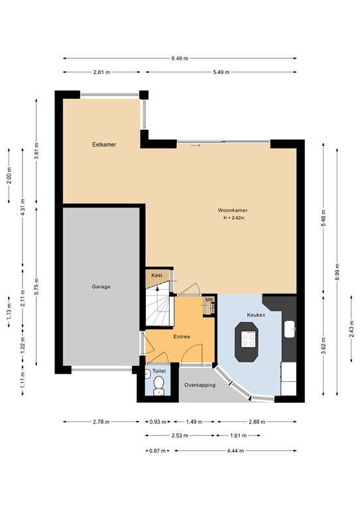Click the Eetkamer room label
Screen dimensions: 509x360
tap(101, 144)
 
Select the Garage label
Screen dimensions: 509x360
tap(101, 286)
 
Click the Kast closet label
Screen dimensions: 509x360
tap(157, 275)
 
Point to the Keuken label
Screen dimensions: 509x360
tap(256, 315)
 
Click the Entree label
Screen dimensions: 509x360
tap(182, 337)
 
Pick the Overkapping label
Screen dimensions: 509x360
tap(200, 384)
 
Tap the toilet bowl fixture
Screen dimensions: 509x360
tap(158, 390)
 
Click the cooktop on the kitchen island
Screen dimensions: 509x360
tap(249, 339)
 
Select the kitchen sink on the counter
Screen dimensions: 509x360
tap(290, 328)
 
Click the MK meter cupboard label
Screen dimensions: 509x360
tap(210, 300)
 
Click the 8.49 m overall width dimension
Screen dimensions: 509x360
tap(179, 58)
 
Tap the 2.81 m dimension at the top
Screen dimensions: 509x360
tap(101, 72)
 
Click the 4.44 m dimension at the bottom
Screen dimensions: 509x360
tap(235, 451)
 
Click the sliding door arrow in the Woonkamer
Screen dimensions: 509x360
tap(194, 146)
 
